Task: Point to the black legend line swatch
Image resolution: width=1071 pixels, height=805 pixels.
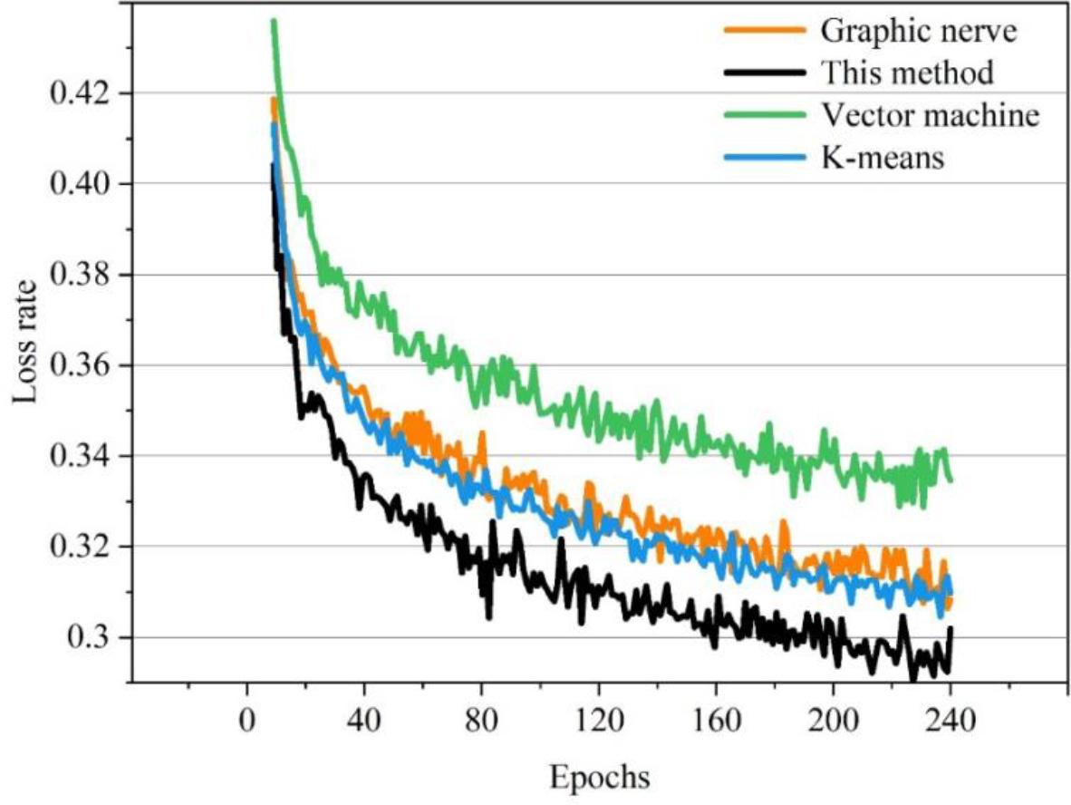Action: pos(764,72)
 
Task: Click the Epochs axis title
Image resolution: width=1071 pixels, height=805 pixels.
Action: pos(597,777)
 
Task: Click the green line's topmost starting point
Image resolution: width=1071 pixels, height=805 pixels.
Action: pos(274,20)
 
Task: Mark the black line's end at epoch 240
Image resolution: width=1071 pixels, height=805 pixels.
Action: pos(950,628)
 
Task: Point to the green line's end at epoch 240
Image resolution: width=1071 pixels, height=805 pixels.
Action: pos(950,480)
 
